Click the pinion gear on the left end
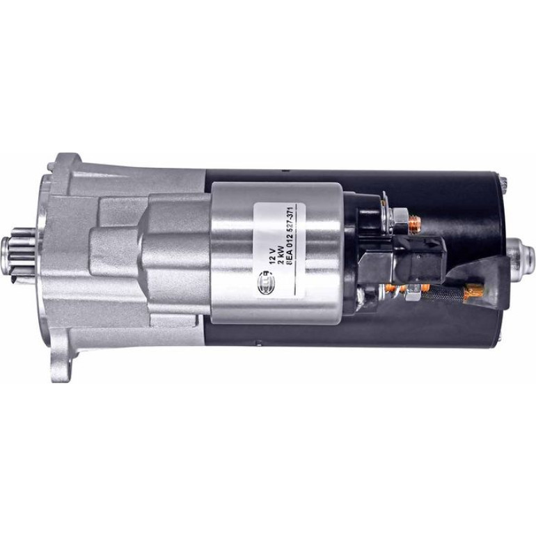pyautogui.click(x=23, y=251)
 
